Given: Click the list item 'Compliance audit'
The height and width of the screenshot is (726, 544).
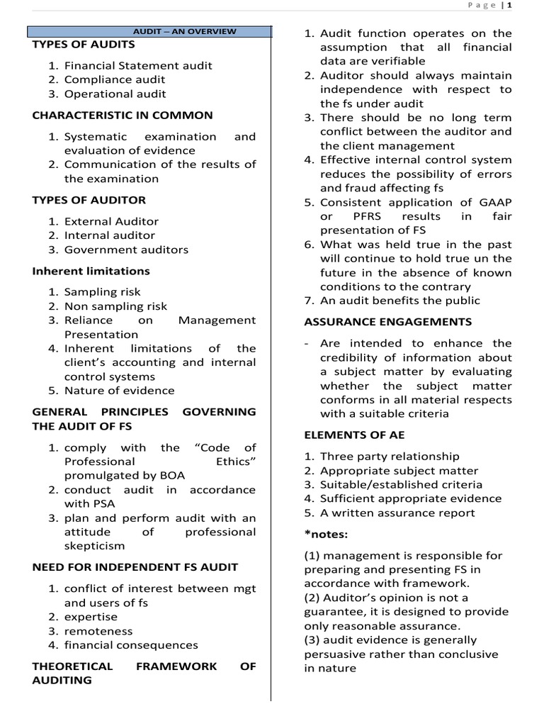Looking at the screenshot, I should tap(115, 79).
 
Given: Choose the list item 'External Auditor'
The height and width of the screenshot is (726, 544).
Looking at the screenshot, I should tap(111, 221).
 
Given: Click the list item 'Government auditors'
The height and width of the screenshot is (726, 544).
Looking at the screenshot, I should tap(126, 250).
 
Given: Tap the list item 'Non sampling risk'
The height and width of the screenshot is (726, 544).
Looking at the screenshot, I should tap(115, 306).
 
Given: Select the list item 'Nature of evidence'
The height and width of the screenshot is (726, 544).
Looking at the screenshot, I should tap(119, 391).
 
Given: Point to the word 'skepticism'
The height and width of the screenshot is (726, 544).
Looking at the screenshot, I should tap(94, 546).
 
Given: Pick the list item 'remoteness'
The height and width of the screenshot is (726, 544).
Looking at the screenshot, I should tap(98, 631).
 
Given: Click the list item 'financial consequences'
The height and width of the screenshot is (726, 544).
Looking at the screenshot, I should tap(131, 645).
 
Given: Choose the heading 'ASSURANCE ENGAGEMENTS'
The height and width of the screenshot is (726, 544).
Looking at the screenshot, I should tap(387, 322).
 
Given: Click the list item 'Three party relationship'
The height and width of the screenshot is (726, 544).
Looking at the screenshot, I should tap(390, 457).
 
